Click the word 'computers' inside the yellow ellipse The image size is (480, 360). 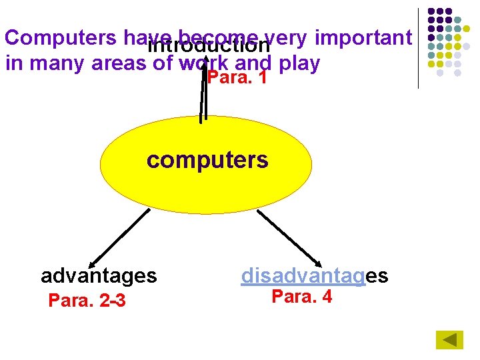(x=207, y=161)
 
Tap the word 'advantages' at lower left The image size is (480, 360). (x=99, y=275)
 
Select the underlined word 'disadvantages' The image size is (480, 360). (x=314, y=275)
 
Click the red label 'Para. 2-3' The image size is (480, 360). (x=87, y=301)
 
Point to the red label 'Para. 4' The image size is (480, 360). (x=301, y=297)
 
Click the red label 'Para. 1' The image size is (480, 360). (x=238, y=78)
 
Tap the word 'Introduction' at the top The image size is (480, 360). (x=208, y=46)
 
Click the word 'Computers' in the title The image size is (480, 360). (x=61, y=38)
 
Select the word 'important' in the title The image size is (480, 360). (x=363, y=38)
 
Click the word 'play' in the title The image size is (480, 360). (x=300, y=63)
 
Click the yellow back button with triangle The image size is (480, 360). (x=449, y=340)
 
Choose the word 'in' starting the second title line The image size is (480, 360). (x=13, y=63)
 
